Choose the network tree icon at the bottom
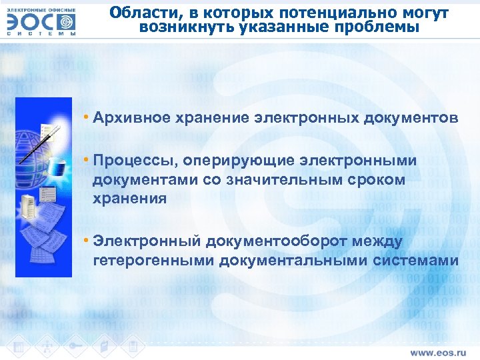pyautogui.click(x=47, y=346)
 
